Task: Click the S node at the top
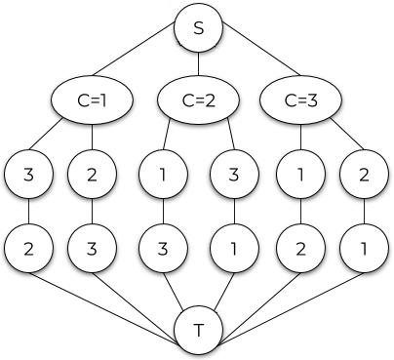(x=199, y=28)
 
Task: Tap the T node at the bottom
(x=199, y=331)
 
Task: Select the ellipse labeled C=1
(x=92, y=100)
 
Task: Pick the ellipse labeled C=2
(x=199, y=100)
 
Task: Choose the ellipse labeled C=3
(x=300, y=100)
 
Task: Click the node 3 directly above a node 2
(x=28, y=176)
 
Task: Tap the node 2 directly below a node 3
(x=28, y=248)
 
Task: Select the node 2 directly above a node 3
(x=92, y=176)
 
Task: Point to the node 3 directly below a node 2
(x=92, y=248)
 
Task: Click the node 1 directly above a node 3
(x=162, y=176)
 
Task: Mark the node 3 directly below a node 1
(x=162, y=248)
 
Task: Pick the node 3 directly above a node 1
(x=234, y=176)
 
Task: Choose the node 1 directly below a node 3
(x=234, y=248)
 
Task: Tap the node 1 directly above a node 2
(x=300, y=176)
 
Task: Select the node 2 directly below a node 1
(x=300, y=248)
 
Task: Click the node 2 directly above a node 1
(x=364, y=176)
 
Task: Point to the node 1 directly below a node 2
(x=364, y=248)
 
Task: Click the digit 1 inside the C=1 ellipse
(x=103, y=100)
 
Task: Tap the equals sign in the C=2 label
(x=199, y=100)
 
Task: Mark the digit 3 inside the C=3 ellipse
(x=312, y=100)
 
